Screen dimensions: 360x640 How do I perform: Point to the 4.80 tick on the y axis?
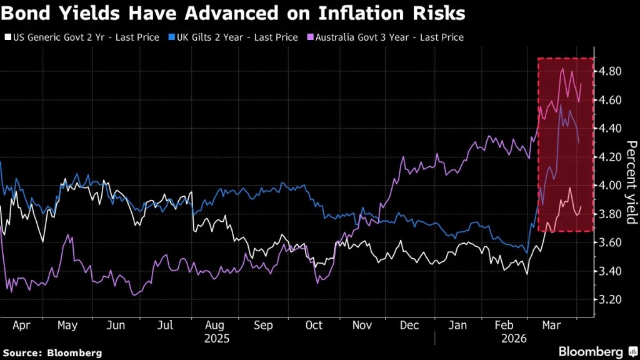point(609,71)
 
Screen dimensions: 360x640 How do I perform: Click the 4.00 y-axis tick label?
point(609,186)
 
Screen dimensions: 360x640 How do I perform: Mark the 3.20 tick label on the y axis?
point(609,299)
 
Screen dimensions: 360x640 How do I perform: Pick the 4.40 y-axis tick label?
point(609,128)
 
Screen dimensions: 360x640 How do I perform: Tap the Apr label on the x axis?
point(22,326)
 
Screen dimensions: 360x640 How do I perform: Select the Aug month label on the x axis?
point(215,326)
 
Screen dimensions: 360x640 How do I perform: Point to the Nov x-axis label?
point(362,326)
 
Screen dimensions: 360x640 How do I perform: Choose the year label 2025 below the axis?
point(216,339)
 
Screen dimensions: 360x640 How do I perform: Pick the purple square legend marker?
point(310,37)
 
